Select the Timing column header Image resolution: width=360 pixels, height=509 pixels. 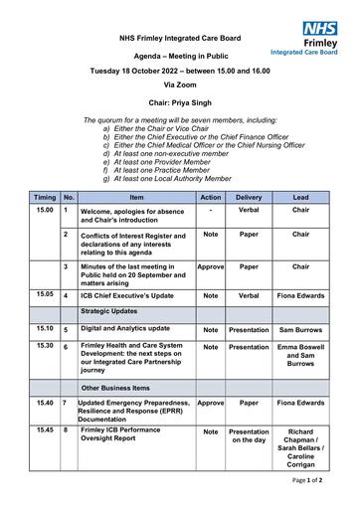[x=45, y=198]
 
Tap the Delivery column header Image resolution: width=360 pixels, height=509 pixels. [x=249, y=198]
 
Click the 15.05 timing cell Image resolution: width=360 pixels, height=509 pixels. [x=45, y=294]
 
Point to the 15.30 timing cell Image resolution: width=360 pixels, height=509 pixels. [x=45, y=346]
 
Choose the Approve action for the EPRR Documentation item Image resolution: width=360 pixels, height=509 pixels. [x=211, y=403]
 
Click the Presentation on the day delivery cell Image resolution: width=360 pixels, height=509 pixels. [x=249, y=437]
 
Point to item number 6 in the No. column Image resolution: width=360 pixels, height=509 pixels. [x=66, y=348]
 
